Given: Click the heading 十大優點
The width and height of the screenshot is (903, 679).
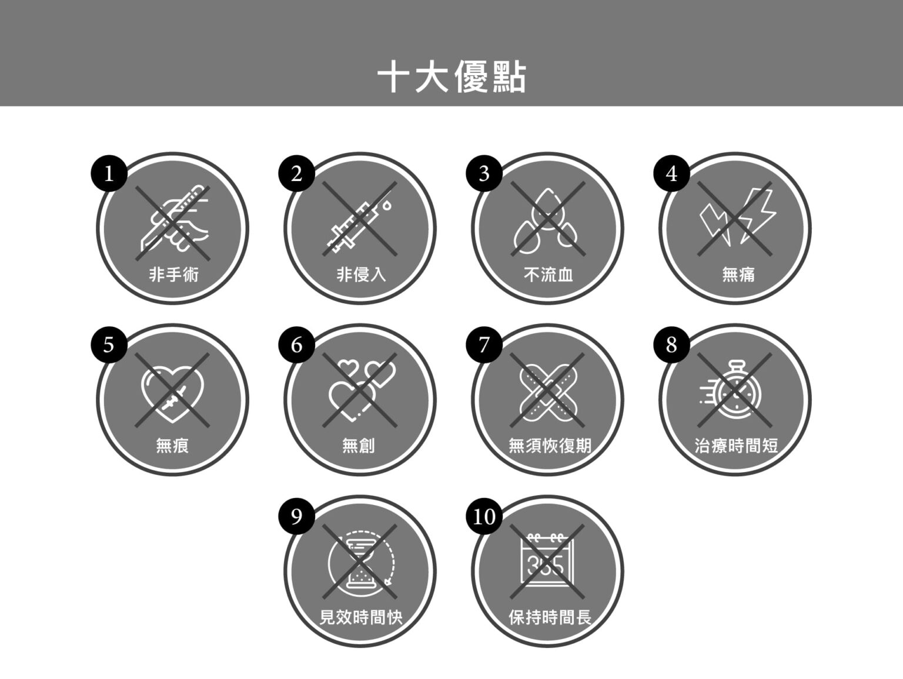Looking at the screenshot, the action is coord(451,77).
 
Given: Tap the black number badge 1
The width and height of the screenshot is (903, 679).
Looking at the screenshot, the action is coord(109,173).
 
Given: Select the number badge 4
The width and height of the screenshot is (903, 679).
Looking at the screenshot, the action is coord(671,173).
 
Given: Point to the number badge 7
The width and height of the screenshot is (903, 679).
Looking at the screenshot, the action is coord(484,344).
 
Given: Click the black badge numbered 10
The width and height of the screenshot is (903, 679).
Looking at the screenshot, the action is coord(484,516).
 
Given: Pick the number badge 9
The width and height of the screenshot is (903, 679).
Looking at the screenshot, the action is coord(297,516).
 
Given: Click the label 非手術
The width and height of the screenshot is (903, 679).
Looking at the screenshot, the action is coord(173,275).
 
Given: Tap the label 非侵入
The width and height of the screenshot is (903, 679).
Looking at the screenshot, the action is coord(361,275).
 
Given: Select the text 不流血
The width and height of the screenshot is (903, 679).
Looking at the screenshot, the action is coord(549,275).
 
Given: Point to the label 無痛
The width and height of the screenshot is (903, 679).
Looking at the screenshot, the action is coord(738,275).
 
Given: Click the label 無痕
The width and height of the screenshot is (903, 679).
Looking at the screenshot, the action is coord(172,446).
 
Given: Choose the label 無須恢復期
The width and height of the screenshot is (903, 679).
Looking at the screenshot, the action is coord(550,446).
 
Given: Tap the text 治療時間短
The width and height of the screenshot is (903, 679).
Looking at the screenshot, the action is coord(737,446).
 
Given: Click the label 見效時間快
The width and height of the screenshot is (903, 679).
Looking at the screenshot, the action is coord(361,617).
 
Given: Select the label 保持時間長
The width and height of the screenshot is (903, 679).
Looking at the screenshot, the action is coord(550,617).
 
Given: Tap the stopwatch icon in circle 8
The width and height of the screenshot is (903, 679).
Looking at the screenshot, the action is coord(731,389).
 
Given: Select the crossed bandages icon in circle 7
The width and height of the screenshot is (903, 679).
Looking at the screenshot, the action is coord(548,393).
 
